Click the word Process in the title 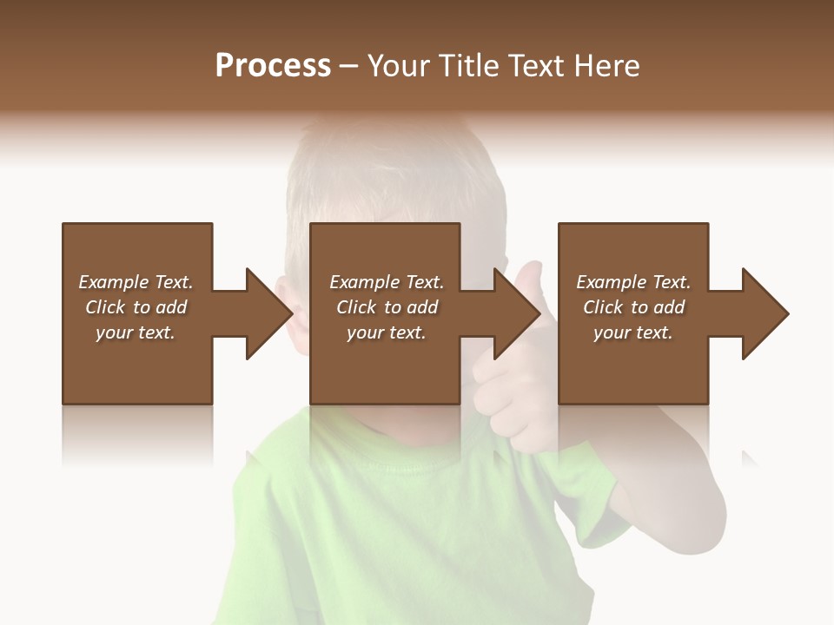[x=273, y=66]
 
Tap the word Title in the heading [x=470, y=66]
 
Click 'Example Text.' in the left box [x=136, y=282]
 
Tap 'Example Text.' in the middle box [x=387, y=282]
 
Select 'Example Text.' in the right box [x=633, y=282]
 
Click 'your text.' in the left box [x=136, y=332]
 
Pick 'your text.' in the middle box [x=386, y=332]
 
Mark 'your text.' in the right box [x=632, y=332]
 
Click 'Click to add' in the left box [x=136, y=307]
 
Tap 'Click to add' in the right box [x=634, y=307]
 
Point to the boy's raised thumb [x=530, y=278]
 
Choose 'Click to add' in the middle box [x=387, y=307]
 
